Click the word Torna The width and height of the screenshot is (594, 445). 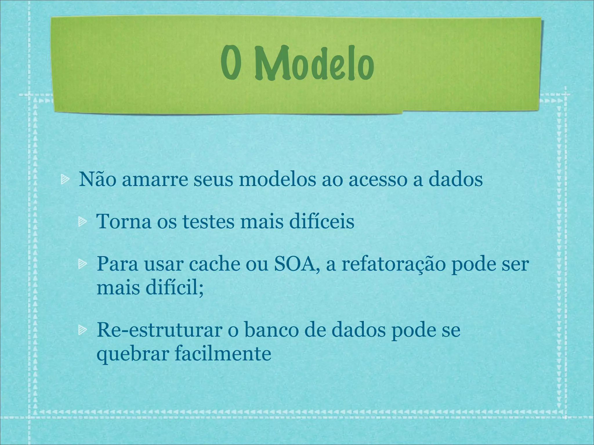[124, 222]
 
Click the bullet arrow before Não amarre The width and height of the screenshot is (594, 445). [64, 180]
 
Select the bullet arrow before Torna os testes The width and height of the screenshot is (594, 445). [82, 222]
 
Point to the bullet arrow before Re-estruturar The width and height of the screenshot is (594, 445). [82, 330]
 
